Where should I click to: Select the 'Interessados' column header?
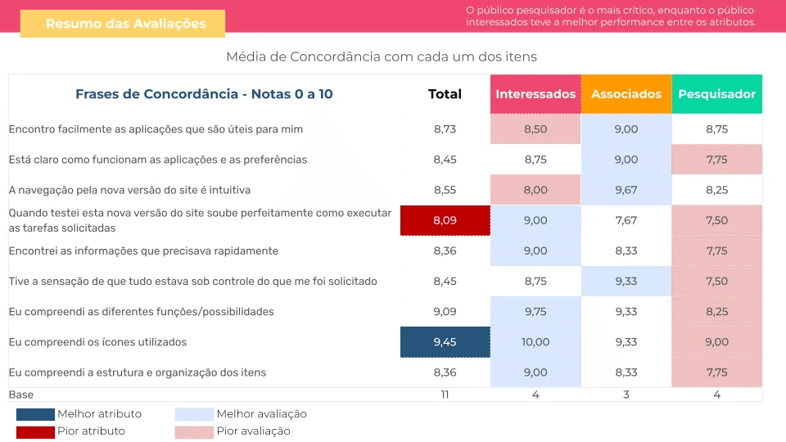pyautogui.click(x=535, y=94)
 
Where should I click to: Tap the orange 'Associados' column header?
pyautogui.click(x=626, y=94)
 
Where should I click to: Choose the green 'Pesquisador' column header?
pyautogui.click(x=716, y=94)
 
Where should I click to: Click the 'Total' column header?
pyautogui.click(x=445, y=94)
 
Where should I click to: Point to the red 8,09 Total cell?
pyautogui.click(x=445, y=220)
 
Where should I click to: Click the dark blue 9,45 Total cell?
pyautogui.click(x=445, y=342)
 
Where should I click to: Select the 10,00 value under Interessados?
pyautogui.click(x=535, y=342)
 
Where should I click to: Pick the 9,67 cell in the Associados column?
pyautogui.click(x=626, y=190)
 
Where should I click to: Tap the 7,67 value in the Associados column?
pyautogui.click(x=626, y=220)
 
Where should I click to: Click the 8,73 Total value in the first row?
pyautogui.click(x=445, y=129)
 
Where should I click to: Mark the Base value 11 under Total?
pyautogui.click(x=445, y=395)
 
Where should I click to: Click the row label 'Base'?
pyautogui.click(x=21, y=395)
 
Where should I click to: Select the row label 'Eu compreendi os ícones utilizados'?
pyautogui.click(x=97, y=342)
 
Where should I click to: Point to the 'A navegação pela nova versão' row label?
pyautogui.click(x=129, y=190)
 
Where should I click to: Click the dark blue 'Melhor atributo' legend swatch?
pyautogui.click(x=35, y=414)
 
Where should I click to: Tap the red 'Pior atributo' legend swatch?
pyautogui.click(x=35, y=431)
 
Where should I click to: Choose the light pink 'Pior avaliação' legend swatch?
pyautogui.click(x=194, y=431)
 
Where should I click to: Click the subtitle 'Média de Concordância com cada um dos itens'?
pyautogui.click(x=382, y=56)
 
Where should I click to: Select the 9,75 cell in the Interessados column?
pyautogui.click(x=535, y=312)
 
